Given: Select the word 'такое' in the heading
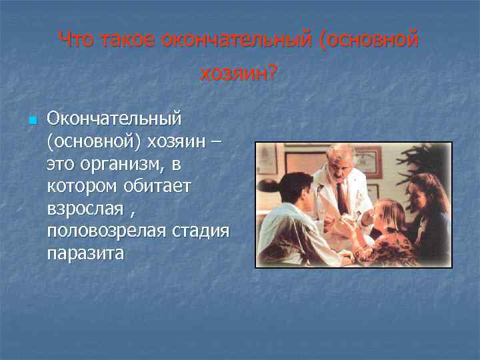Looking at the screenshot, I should tap(129, 41).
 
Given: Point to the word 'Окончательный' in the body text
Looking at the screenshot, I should tap(114, 119).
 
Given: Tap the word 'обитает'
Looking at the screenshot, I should tap(154, 186).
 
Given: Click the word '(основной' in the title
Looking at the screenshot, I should tap(370, 41).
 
